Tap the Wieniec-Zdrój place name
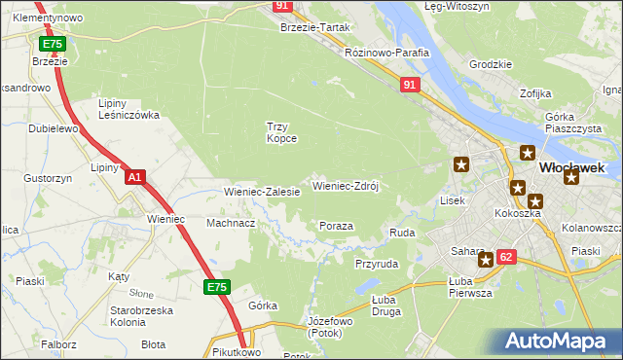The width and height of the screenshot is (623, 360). tap(345, 185)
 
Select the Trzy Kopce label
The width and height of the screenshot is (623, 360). tap(281, 131)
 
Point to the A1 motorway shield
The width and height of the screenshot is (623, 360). tap(135, 177)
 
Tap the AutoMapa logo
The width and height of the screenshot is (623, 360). tap(558, 341)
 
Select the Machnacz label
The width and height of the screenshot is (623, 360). tap(231, 223)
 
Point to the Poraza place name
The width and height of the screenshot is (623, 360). tap(336, 226)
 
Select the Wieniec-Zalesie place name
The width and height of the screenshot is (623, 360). tap(262, 192)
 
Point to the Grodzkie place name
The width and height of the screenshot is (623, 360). tap(491, 64)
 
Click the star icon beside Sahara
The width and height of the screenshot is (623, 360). tap(485, 260)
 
